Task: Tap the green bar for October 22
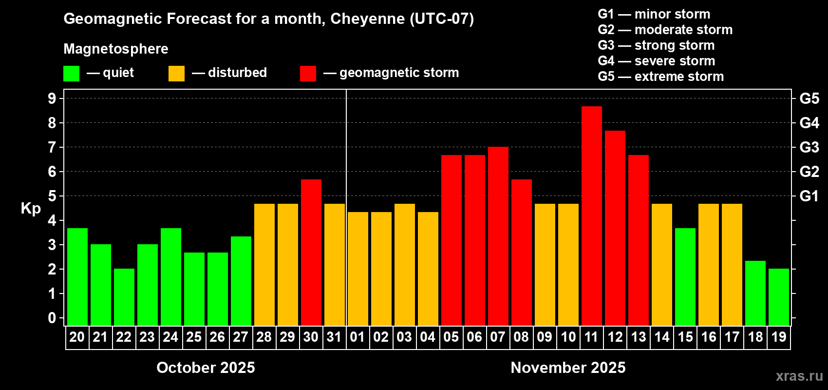pos(124,297)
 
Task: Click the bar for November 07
pos(498,236)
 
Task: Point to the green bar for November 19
pos(778,297)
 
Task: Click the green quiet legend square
pos(71,74)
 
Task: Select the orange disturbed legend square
pos(176,74)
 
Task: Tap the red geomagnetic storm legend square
pos(308,74)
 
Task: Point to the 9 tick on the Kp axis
pos(52,98)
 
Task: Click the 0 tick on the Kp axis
pos(52,318)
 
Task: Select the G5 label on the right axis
pos(809,98)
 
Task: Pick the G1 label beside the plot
pos(809,196)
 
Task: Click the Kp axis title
pos(31,209)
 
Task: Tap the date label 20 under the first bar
pos(77,337)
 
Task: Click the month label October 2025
pos(206,368)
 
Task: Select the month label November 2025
pos(568,368)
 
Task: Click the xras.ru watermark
pos(799,376)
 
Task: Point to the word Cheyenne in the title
pos(367,19)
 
